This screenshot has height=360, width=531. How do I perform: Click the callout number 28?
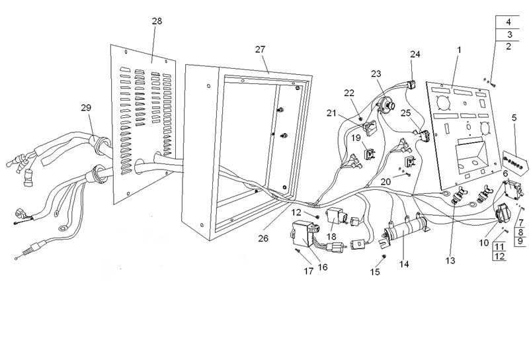coord(157,22)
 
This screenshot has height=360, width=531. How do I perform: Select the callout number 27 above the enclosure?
coord(260,50)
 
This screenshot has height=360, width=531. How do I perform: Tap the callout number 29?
coord(86,108)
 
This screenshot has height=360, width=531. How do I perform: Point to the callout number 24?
coord(415,54)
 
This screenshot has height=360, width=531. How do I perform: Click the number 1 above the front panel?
coord(459,50)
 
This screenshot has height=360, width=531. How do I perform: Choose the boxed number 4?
coord(508,22)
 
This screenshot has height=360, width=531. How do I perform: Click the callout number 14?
coord(404,264)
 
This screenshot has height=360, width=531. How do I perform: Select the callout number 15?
coord(375,271)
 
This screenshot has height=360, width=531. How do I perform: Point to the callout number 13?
coord(450,261)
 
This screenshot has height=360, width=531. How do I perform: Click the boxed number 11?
coord(499,246)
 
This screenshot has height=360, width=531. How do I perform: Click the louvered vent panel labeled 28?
coord(142,119)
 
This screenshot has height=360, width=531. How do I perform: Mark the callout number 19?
coord(356,138)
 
